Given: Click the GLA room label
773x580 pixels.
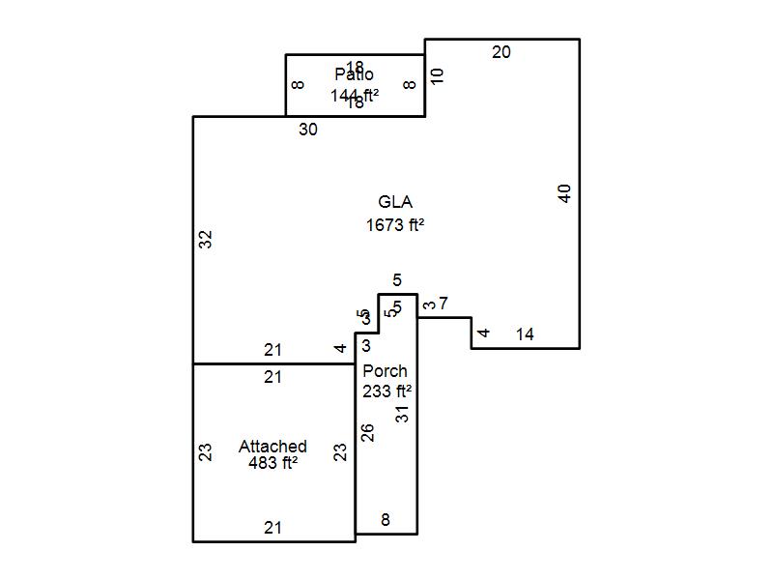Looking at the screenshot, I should tap(395, 202).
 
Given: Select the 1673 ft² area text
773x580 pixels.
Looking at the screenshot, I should tap(395, 225).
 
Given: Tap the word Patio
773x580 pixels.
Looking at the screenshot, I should tap(355, 74).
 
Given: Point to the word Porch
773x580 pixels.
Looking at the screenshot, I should tap(385, 371).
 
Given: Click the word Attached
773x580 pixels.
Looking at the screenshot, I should tap(272, 447).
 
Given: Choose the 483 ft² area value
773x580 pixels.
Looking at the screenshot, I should tap(272, 463).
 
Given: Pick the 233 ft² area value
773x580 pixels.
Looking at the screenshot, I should tap(386, 391).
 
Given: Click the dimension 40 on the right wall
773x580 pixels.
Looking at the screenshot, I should tap(565, 193).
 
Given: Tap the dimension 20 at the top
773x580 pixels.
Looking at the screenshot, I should tap(501, 52).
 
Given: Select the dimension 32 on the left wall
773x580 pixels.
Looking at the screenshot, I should tap(205, 239).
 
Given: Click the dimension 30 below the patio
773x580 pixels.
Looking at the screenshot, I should tap(307, 130).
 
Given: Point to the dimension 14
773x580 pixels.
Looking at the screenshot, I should tap(525, 334).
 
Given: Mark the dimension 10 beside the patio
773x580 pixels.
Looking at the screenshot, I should tap(437, 75).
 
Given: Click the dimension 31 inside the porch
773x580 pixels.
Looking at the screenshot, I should tap(403, 413).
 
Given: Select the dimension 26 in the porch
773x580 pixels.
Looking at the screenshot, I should tap(367, 432).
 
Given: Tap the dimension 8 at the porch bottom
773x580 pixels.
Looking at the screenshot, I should tap(385, 520).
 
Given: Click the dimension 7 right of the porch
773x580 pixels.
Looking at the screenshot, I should tap(443, 304).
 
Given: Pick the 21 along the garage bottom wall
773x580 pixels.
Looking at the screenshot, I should tap(273, 528).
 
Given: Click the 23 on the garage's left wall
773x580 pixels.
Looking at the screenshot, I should tap(205, 451).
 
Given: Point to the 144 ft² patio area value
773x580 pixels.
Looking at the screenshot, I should tap(354, 95).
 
